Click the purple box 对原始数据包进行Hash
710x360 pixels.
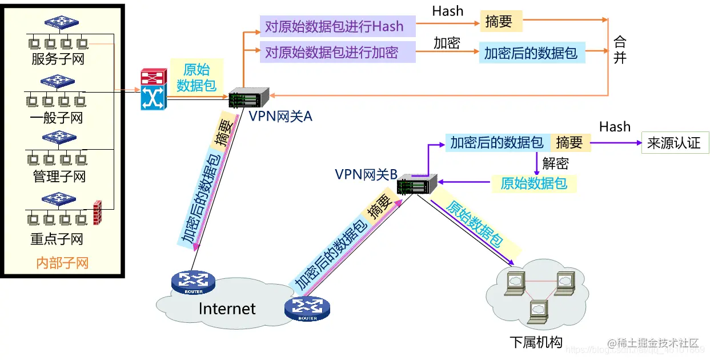(337, 26)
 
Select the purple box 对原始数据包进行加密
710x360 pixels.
(337, 52)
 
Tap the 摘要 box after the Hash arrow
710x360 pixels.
(501, 22)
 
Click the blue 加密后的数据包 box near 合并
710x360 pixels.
(532, 53)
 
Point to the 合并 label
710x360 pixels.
(620, 50)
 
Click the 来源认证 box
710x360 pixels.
(674, 143)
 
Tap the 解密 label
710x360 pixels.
(556, 163)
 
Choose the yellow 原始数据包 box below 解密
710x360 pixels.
(533, 183)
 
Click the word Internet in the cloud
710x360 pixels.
(227, 309)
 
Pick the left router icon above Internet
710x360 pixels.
(193, 282)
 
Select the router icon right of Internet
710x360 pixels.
(307, 309)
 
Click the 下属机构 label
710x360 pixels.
(536, 342)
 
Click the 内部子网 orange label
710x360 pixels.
(62, 263)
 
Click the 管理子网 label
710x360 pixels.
(59, 177)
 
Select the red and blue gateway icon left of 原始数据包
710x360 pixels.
(153, 90)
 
